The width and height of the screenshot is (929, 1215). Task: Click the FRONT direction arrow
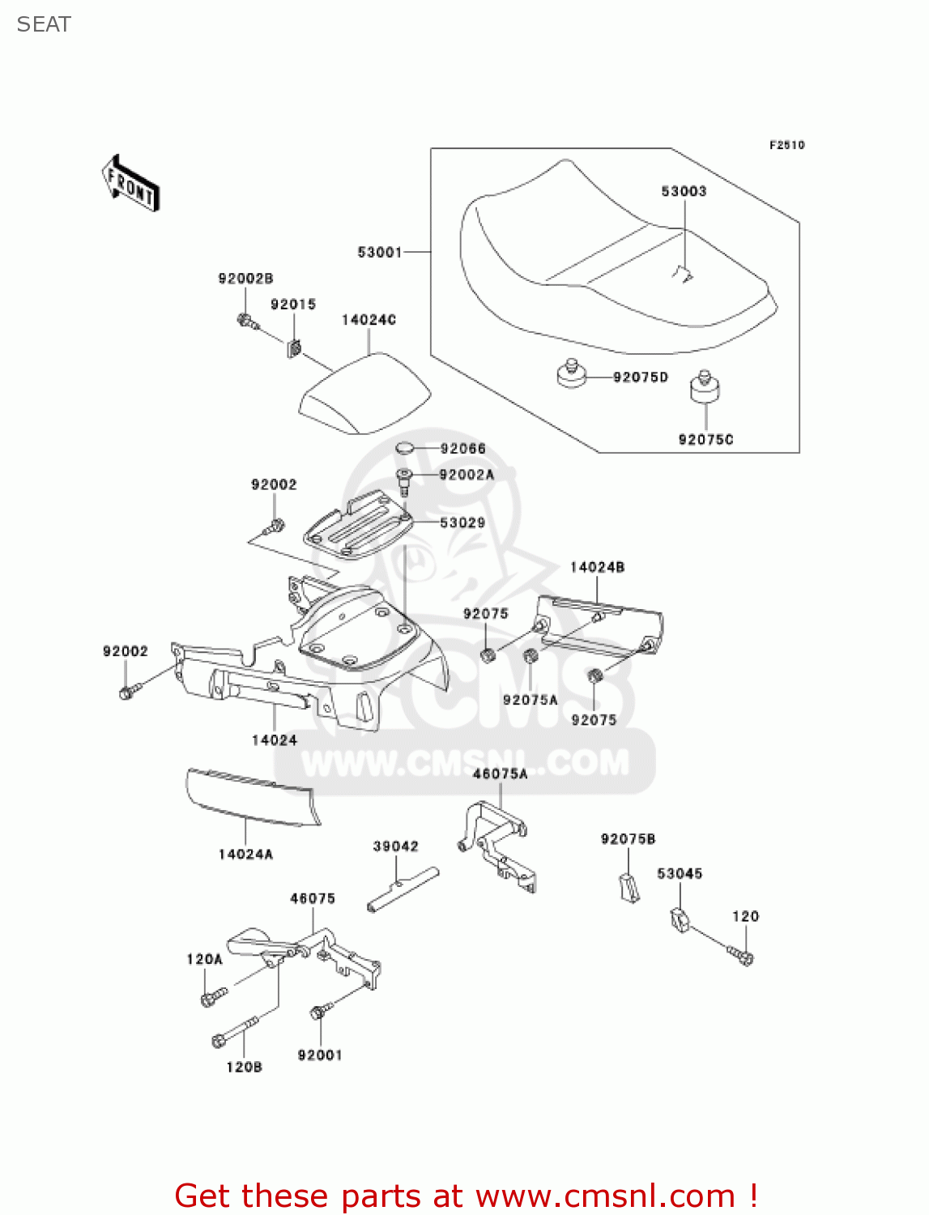click(x=130, y=184)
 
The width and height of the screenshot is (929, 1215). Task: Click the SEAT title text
click(x=44, y=25)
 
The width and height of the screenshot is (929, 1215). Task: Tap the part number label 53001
click(x=380, y=252)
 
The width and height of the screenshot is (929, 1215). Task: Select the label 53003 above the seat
click(x=684, y=191)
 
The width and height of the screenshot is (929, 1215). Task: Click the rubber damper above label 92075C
click(x=705, y=386)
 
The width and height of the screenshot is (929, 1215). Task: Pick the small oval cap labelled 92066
click(x=405, y=448)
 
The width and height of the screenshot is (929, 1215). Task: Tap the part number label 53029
click(x=462, y=523)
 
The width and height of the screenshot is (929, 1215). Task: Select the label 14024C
click(x=369, y=320)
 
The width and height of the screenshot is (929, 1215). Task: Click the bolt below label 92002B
click(x=247, y=322)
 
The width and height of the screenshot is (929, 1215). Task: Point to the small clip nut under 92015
click(x=294, y=348)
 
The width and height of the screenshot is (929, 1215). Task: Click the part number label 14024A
click(x=245, y=854)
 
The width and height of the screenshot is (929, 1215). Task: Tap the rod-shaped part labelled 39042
click(x=403, y=889)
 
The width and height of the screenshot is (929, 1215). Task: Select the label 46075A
click(x=500, y=774)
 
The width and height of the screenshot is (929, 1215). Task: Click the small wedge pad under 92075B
click(x=629, y=887)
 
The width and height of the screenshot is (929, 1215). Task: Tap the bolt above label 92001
click(x=320, y=1012)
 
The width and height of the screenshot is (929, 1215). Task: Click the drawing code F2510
click(x=786, y=145)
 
